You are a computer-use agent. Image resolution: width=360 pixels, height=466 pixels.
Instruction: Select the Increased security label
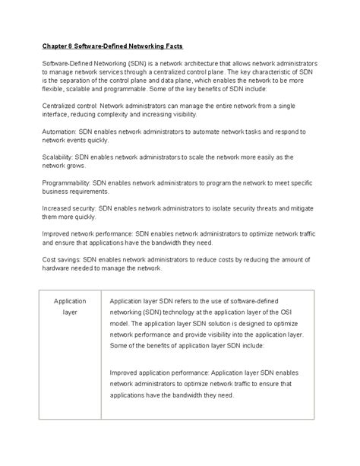71,208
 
